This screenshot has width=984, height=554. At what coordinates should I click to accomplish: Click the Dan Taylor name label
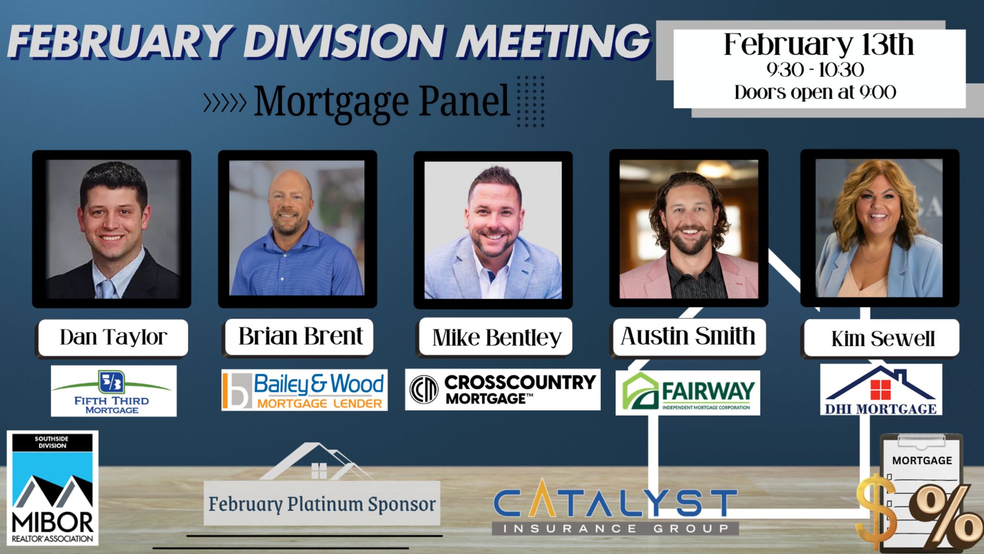[x=113, y=337]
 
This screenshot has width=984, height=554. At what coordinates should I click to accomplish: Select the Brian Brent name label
[x=300, y=336]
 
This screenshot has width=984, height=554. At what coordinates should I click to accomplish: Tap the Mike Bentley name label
[x=496, y=337]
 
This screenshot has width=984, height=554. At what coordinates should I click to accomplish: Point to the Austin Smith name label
[x=688, y=336]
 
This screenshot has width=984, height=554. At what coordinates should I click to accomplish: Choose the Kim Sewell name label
[x=883, y=339]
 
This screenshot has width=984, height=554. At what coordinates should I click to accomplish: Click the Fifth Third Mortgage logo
[x=113, y=391]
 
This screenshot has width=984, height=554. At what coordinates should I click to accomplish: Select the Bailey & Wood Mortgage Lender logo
[x=304, y=390]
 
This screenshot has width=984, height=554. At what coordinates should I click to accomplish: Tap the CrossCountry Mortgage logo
[x=503, y=389]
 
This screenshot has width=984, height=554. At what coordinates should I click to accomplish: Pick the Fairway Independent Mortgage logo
[x=688, y=393]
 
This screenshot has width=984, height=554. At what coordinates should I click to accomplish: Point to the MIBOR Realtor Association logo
[x=52, y=488]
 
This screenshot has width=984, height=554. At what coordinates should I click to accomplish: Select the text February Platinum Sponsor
[x=322, y=504]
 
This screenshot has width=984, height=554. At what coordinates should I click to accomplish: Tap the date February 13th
[x=818, y=45]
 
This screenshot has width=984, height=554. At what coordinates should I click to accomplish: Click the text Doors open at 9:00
[x=815, y=92]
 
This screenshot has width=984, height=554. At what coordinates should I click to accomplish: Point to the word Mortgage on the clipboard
[x=922, y=460]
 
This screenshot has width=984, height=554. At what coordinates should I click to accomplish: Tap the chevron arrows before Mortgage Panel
[x=225, y=102]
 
